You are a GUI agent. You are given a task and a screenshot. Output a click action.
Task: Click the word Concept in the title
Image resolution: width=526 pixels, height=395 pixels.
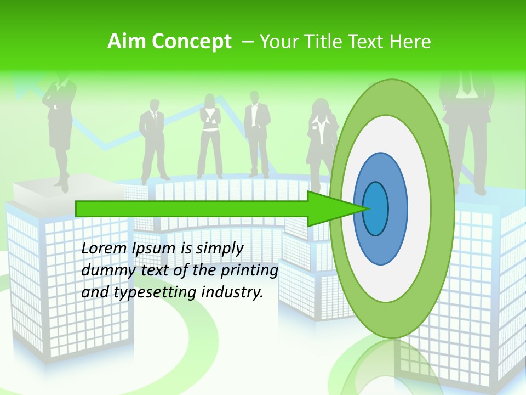click(192, 41)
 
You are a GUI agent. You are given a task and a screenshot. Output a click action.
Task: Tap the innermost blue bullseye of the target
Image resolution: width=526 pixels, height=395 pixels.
click(375, 209)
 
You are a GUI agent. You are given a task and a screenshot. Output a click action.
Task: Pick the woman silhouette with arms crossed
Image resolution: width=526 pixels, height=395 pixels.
click(209, 134)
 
